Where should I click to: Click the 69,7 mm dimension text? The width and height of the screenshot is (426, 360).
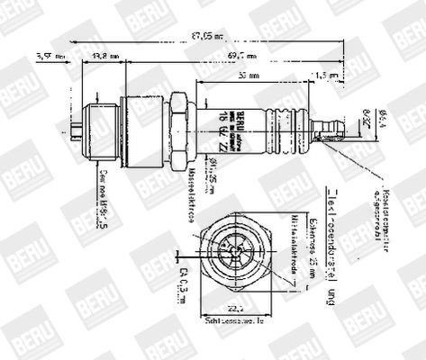click(242, 56)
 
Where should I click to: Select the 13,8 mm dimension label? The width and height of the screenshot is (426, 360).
click(106, 56)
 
